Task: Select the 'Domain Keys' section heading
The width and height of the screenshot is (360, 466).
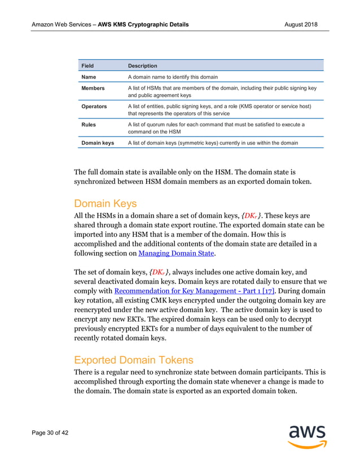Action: point(105,203)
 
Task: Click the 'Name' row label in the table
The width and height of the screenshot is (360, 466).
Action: point(90,77)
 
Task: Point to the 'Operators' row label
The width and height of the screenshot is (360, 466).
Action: point(94,106)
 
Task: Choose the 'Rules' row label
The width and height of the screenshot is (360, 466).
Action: point(89,125)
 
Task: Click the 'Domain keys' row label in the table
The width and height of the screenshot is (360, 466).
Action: point(98,143)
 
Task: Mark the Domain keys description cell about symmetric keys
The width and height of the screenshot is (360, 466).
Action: point(213,143)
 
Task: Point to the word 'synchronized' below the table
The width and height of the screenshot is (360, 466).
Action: point(102,181)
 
